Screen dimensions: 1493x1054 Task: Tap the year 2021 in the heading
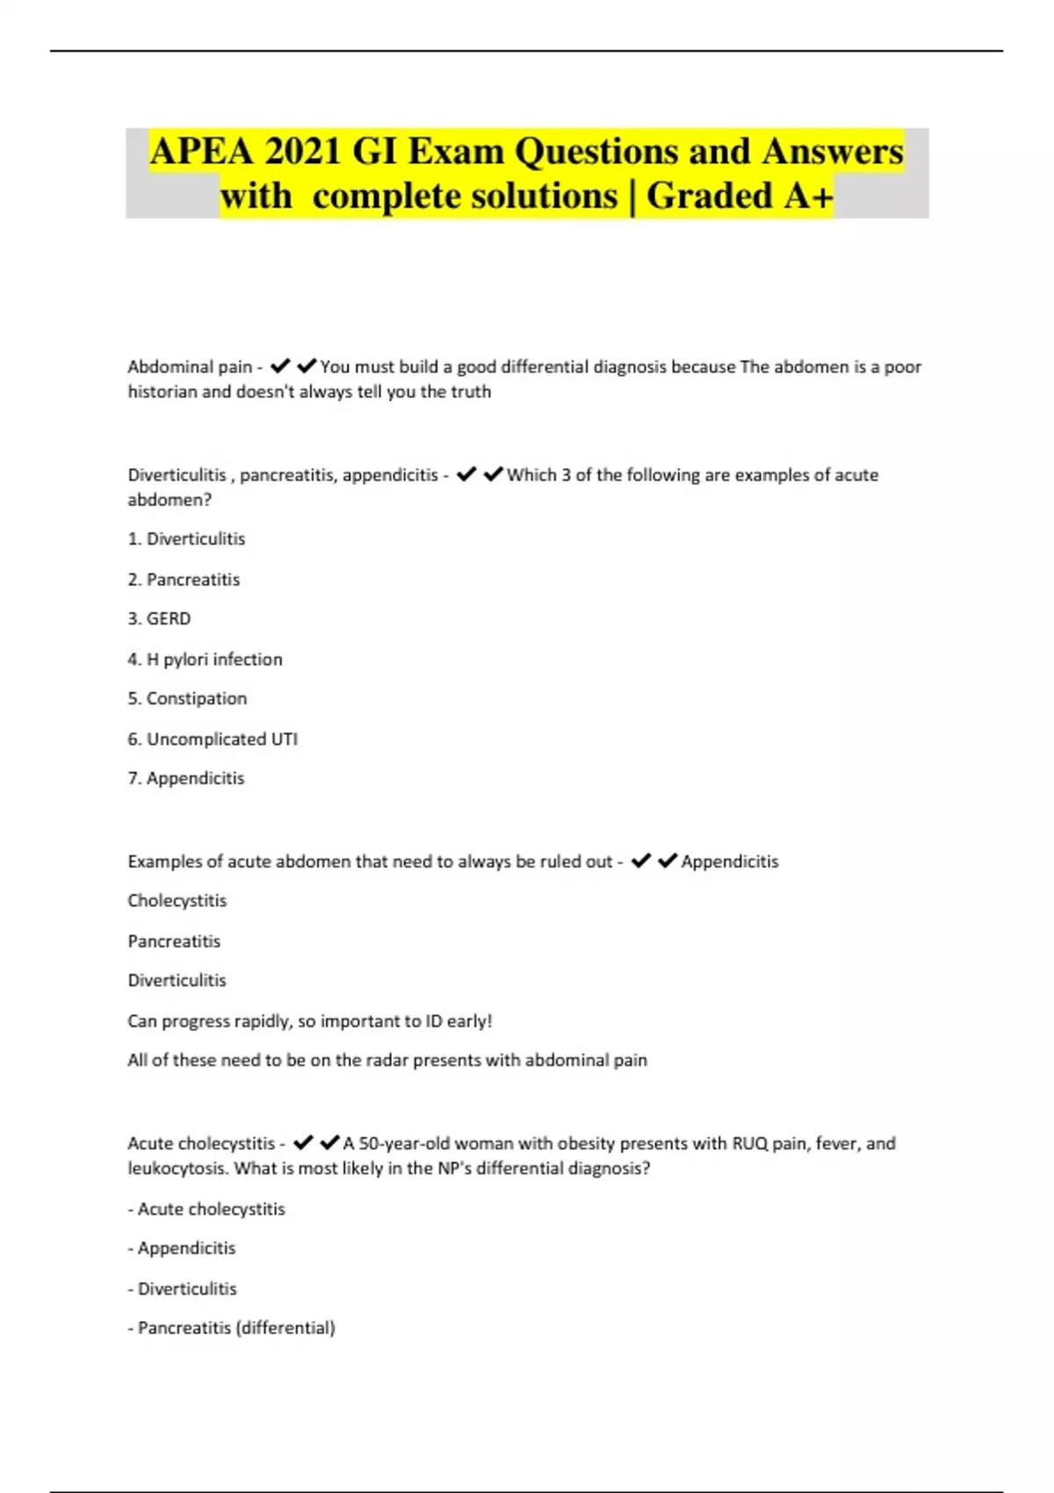click(x=301, y=151)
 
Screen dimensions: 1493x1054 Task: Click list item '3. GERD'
click(x=159, y=618)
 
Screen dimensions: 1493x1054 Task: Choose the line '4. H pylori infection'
click(x=205, y=659)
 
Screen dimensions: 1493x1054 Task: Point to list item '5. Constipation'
click(x=187, y=698)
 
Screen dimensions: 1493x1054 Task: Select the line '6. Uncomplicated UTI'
click(x=213, y=739)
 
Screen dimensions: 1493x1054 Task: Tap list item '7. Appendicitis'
click(x=186, y=778)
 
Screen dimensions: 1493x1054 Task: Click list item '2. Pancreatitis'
click(x=184, y=579)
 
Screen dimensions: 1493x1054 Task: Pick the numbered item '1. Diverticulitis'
click(x=186, y=538)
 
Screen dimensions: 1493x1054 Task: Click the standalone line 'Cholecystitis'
click(x=177, y=900)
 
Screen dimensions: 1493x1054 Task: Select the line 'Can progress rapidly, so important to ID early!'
click(x=310, y=1021)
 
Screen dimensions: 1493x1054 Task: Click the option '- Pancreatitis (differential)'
click(x=232, y=1327)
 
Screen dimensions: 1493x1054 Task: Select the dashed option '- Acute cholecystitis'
click(x=206, y=1208)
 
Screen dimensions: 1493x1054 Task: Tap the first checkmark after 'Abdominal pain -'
click(x=280, y=365)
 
